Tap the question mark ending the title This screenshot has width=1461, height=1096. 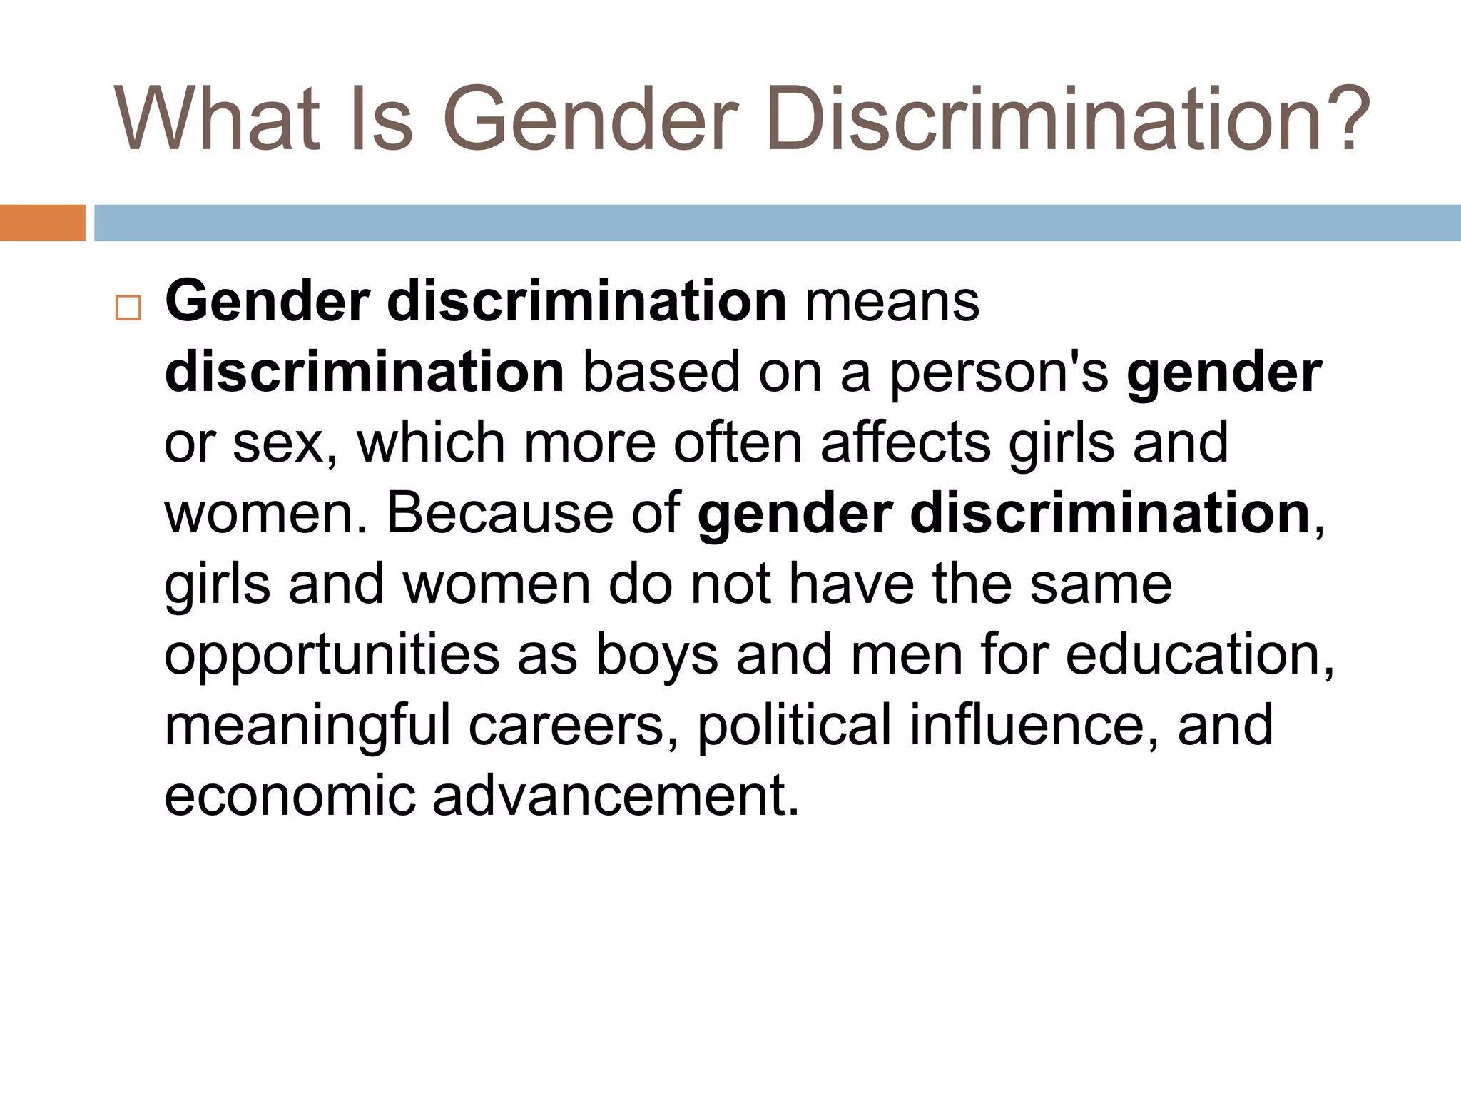(1345, 118)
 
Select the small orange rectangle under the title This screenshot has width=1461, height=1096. (42, 223)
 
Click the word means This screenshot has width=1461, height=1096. (892, 303)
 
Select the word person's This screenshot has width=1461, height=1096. (999, 374)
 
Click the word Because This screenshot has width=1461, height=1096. (499, 513)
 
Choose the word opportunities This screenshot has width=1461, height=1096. (332, 655)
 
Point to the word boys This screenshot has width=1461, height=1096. (656, 655)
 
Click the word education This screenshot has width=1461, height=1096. (1199, 654)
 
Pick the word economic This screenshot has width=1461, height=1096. (290, 796)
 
